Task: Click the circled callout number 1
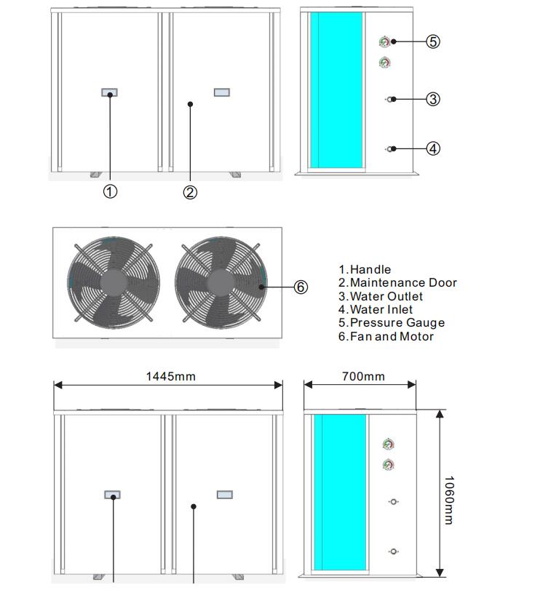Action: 110,191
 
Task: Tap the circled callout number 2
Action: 190,192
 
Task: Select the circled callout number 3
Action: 433,99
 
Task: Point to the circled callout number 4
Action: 433,148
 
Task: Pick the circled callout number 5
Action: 433,41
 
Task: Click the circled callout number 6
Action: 301,287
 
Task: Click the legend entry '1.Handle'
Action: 365,270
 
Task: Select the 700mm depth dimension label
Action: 363,376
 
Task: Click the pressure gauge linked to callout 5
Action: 384,42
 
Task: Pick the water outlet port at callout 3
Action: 392,99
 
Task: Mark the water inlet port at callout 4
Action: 392,149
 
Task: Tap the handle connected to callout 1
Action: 110,92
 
